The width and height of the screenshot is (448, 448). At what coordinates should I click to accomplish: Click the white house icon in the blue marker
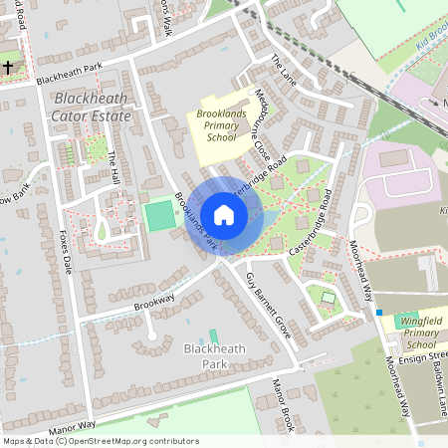[224, 215]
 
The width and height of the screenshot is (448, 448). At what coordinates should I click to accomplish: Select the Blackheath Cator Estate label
[93, 108]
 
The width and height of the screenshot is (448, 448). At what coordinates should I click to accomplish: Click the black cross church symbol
[8, 68]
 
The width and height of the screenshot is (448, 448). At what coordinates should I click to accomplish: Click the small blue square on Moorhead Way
[378, 313]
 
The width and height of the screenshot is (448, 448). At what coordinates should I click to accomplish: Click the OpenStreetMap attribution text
[101, 440]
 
